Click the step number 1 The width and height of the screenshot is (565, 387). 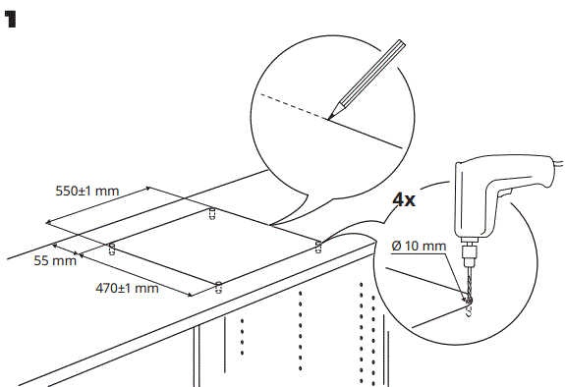(15, 21)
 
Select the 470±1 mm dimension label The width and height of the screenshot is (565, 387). (127, 288)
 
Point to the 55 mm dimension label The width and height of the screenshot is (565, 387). (55, 260)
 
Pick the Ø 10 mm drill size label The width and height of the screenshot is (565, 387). (418, 244)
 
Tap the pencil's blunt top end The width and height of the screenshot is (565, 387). (402, 44)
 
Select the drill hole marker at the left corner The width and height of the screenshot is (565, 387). (111, 248)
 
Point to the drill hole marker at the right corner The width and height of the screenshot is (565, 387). (316, 246)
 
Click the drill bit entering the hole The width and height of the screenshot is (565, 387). (470, 285)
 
